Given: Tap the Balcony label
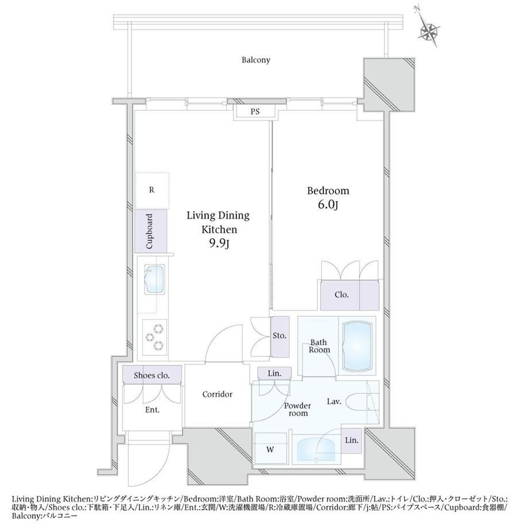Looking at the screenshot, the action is click(x=256, y=60).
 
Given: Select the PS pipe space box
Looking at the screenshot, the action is click(x=255, y=111).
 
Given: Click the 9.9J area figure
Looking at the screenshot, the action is click(x=219, y=243).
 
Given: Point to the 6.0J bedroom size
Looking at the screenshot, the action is click(x=328, y=204).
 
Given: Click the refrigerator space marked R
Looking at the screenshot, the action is click(x=152, y=191).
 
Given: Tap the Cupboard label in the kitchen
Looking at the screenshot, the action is click(x=150, y=231).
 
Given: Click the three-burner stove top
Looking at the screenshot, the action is click(x=154, y=337).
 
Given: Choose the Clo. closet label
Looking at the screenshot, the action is click(x=341, y=295).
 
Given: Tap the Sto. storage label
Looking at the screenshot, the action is click(x=279, y=336).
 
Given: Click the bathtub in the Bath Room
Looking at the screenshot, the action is click(x=358, y=346).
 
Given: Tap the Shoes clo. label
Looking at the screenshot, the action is click(x=152, y=375).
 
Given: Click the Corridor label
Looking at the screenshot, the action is click(x=217, y=394).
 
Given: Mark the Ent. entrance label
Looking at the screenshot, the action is click(x=152, y=410).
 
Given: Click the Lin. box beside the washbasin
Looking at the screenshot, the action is click(x=352, y=441).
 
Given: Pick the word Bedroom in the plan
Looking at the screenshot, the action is click(x=328, y=191).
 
